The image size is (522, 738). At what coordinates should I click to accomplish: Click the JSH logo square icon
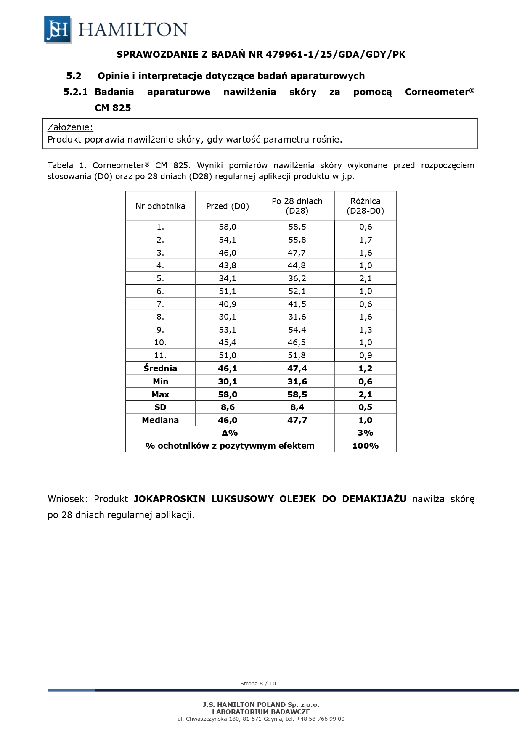58,30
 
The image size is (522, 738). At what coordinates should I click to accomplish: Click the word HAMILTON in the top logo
132,30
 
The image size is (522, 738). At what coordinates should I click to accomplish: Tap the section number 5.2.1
75,92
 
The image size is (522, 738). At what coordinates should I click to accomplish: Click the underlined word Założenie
70,127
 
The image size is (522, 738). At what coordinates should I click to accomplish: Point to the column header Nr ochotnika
160,206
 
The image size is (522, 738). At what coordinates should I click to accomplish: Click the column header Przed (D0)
228,206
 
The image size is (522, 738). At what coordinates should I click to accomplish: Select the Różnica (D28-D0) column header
365,206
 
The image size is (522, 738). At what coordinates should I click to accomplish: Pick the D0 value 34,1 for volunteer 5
228,278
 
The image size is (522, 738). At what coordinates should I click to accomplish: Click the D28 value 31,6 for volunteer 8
297,317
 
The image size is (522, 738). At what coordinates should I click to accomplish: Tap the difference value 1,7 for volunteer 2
365,240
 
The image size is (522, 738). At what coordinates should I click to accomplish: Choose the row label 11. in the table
160,355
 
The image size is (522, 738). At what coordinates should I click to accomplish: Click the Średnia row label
160,368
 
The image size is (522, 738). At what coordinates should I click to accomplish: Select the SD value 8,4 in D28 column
297,407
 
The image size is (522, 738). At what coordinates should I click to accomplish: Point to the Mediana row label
160,420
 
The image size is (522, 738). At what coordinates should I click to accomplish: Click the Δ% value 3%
365,433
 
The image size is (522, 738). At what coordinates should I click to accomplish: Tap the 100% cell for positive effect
365,446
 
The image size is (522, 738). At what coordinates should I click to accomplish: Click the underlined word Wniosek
66,499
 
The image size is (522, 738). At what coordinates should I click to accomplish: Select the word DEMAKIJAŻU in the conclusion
374,499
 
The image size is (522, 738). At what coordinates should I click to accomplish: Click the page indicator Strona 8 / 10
258,683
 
